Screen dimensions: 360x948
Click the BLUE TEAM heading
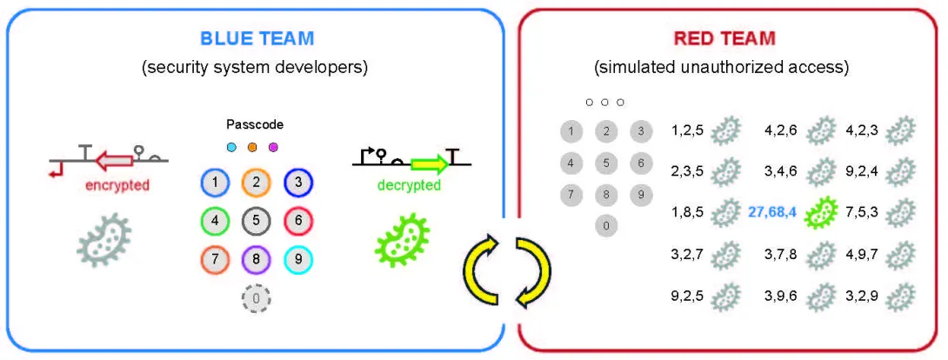click(x=257, y=38)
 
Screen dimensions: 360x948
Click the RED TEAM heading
click(x=724, y=38)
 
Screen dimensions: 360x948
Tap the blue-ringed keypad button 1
click(x=215, y=183)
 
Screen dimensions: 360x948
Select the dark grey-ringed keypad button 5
click(x=257, y=221)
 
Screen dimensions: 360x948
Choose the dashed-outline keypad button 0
click(x=257, y=299)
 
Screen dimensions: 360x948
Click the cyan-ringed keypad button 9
click(x=297, y=259)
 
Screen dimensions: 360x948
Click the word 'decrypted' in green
click(x=408, y=185)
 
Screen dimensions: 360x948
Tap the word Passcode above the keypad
click(x=255, y=125)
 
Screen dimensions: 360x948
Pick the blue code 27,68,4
click(x=775, y=210)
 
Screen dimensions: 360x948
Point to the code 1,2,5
click(x=688, y=131)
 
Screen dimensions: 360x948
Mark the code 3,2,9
click(x=863, y=296)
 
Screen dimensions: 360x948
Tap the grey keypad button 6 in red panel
click(x=640, y=163)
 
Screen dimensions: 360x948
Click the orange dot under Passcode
click(x=252, y=147)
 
